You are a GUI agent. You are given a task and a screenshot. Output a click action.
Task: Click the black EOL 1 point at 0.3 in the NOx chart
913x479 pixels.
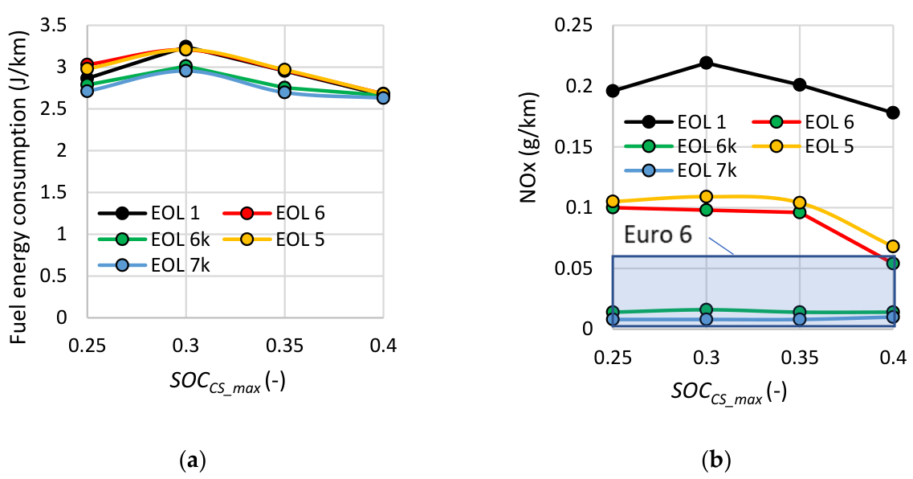pos(707,63)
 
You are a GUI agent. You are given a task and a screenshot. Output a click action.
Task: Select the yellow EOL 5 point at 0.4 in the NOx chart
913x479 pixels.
pos(893,246)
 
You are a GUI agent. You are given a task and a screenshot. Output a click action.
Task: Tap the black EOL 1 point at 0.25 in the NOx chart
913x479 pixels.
pos(613,91)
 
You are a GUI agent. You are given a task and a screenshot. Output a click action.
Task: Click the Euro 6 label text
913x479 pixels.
pos(658,234)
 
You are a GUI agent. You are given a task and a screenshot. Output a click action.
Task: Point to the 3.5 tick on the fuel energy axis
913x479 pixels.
pos(53,26)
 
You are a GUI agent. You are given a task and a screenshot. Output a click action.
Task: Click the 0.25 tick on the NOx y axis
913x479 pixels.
pos(573,26)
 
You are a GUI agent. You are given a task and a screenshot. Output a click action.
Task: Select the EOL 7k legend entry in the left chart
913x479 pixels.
pos(154,265)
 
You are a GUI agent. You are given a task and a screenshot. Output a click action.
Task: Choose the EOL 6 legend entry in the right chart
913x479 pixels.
pos(803,122)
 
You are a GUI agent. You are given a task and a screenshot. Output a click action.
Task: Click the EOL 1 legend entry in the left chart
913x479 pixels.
pos(149,213)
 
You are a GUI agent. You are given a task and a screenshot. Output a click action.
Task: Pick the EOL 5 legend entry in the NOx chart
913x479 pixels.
pos(803,145)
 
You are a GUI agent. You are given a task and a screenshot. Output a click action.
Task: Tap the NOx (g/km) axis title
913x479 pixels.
pos(528,147)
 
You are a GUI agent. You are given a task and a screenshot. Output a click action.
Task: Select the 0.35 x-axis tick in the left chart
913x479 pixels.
pos(284,346)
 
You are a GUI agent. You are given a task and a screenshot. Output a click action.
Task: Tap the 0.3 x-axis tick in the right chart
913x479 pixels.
pos(707,356)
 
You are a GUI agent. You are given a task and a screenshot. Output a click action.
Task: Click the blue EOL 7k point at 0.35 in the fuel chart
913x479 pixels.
pos(284,92)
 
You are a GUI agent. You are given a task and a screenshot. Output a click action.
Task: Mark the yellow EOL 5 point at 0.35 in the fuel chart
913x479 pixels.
pos(284,70)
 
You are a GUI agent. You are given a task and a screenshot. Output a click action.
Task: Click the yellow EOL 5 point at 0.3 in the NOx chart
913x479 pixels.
pos(707,196)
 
